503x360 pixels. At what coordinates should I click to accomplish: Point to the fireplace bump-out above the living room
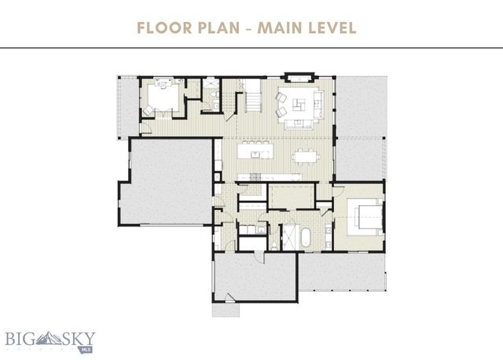tap(299, 77)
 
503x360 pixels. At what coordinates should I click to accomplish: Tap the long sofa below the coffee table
tap(303, 123)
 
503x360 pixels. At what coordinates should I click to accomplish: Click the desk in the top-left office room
tap(163, 97)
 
